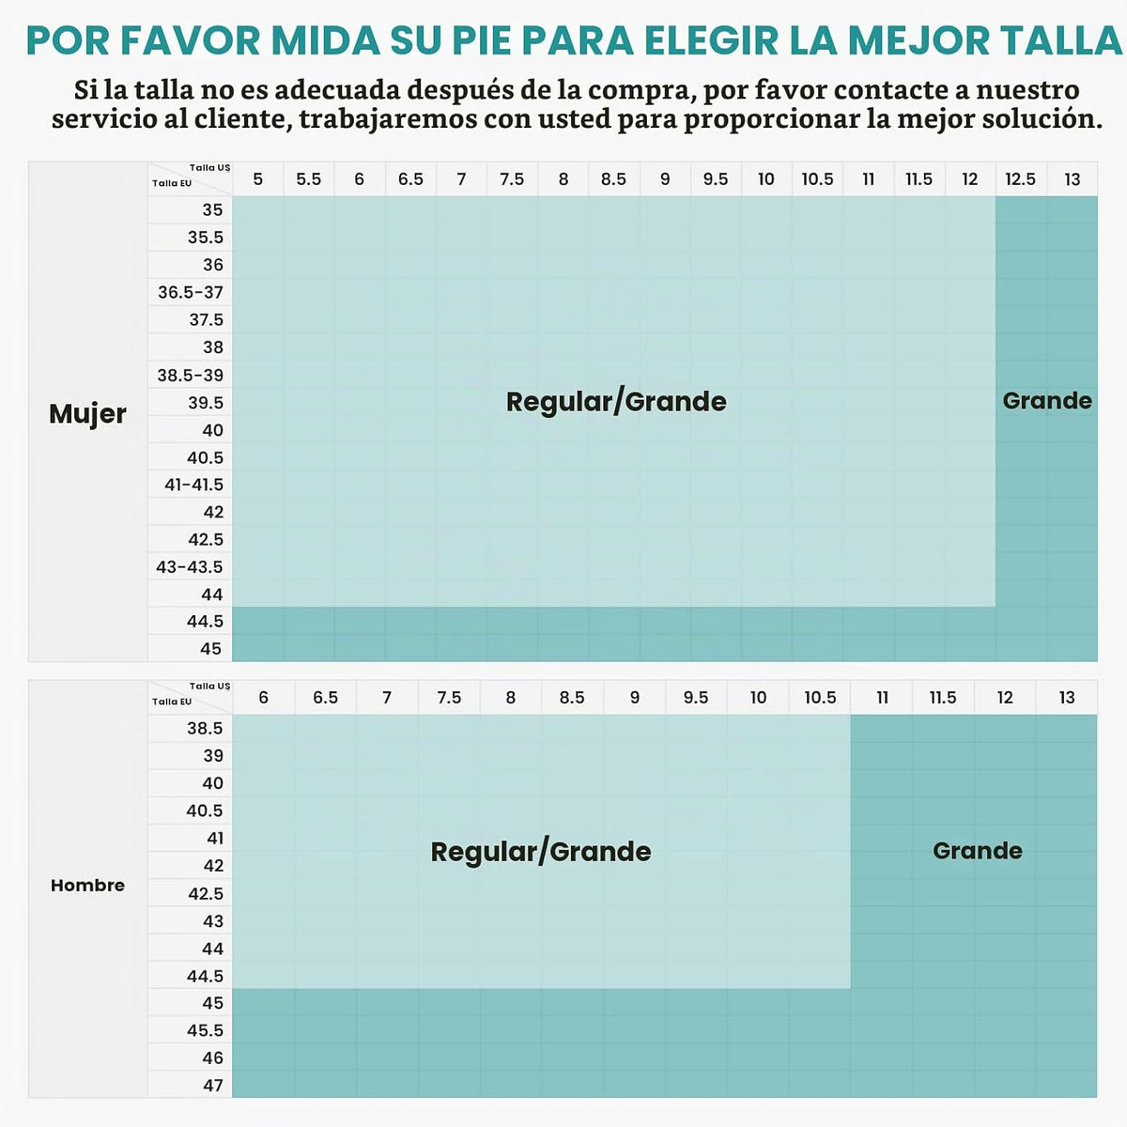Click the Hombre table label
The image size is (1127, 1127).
pyautogui.click(x=87, y=886)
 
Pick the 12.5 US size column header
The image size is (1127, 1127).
pyautogui.click(x=1021, y=179)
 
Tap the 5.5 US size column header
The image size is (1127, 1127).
pyautogui.click(x=308, y=179)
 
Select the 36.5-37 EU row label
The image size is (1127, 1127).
pyautogui.click(x=191, y=292)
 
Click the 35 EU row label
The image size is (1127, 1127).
pyautogui.click(x=212, y=210)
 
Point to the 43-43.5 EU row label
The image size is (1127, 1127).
pyautogui.click(x=190, y=567)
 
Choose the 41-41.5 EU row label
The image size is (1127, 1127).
pyautogui.click(x=193, y=485)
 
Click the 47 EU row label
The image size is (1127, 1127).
pyautogui.click(x=213, y=1086)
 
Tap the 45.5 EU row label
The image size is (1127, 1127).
pyautogui.click(x=206, y=1030)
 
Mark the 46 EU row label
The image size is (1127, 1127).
pyautogui.click(x=213, y=1058)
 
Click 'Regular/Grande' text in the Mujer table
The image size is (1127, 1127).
pyautogui.click(x=616, y=402)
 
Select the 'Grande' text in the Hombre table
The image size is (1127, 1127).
pyautogui.click(x=978, y=851)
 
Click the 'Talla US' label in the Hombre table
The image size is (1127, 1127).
pyautogui.click(x=209, y=686)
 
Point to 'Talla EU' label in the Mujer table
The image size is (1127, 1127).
pyautogui.click(x=172, y=183)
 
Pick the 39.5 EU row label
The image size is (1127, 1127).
pyautogui.click(x=206, y=403)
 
